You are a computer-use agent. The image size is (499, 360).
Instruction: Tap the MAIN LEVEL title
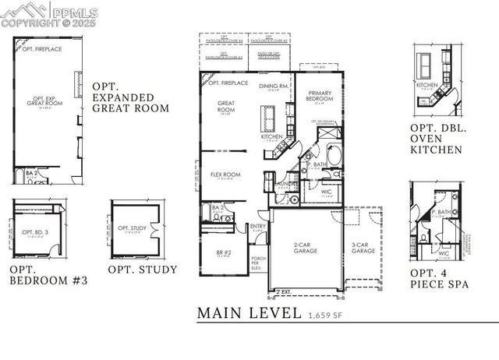pos(249,313)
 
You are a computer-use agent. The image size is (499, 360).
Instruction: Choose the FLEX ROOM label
pos(225,175)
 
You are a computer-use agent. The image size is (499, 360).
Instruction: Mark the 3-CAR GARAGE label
pos(363,249)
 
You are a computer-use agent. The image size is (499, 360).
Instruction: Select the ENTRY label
pos(258,227)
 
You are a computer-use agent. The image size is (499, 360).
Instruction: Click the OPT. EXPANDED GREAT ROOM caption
pos(130,97)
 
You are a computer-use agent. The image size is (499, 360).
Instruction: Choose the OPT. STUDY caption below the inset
pos(142,270)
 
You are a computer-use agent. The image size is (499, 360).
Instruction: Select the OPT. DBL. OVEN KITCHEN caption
pos(437,139)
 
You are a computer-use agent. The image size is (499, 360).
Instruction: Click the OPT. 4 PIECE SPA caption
pos(440,279)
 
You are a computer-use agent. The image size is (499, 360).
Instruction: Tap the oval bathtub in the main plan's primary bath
pos(334,155)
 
